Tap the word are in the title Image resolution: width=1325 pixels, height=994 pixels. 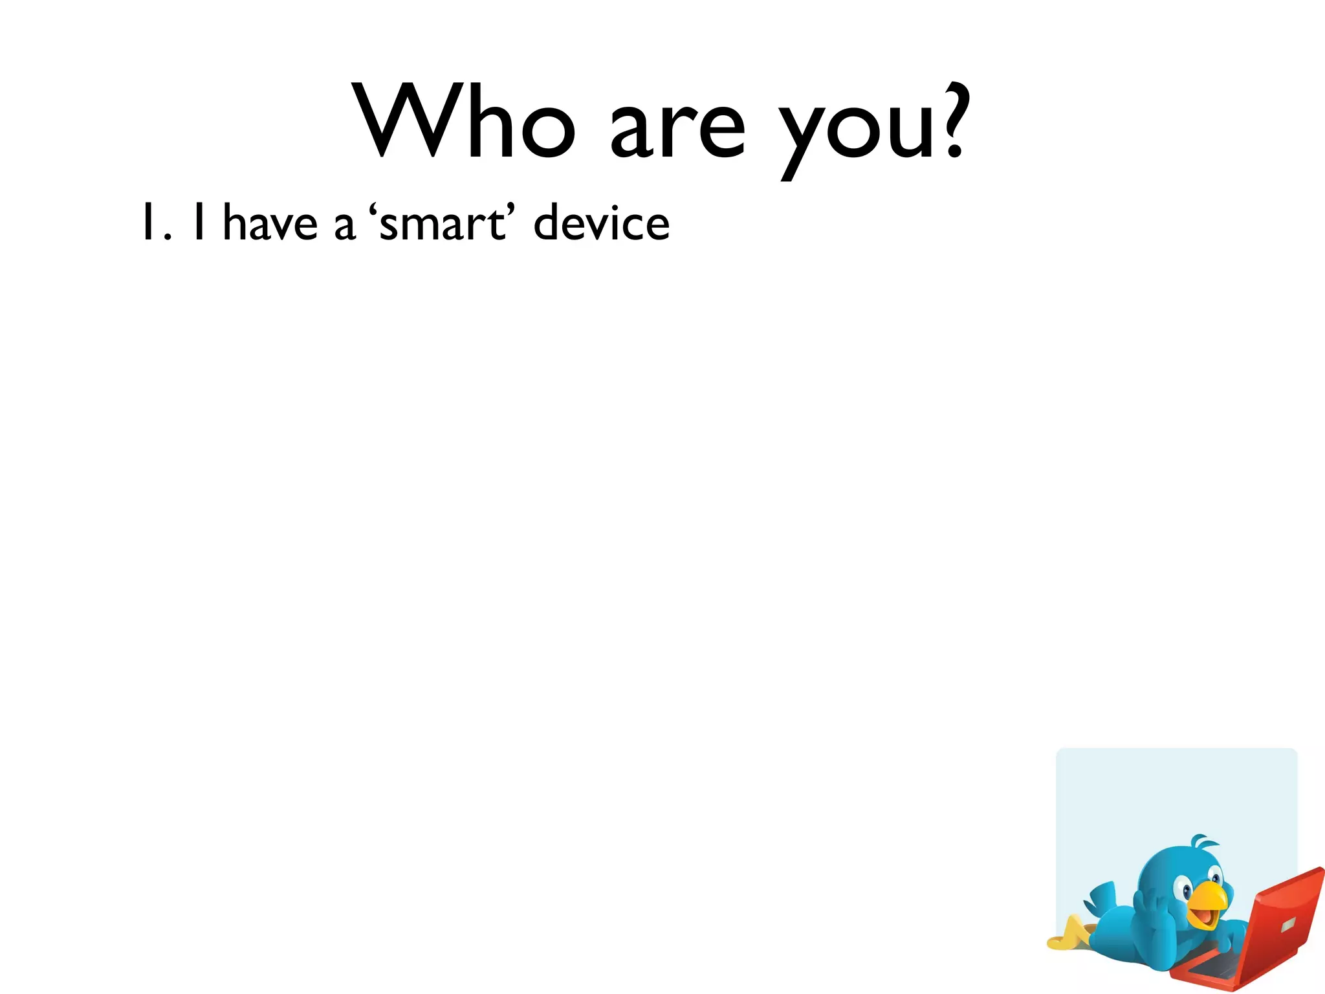pyautogui.click(x=678, y=129)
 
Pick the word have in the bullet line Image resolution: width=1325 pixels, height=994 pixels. pyautogui.click(x=270, y=223)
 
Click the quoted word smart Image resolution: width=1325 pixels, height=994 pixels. pyautogui.click(x=441, y=224)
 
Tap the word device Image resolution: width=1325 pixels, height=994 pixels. pyautogui.click(x=602, y=223)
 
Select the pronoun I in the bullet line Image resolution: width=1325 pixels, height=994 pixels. pyautogui.click(x=199, y=222)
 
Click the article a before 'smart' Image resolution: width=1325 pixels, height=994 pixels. pyautogui.click(x=344, y=226)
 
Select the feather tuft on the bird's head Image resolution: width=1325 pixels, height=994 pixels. pyautogui.click(x=1202, y=844)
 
